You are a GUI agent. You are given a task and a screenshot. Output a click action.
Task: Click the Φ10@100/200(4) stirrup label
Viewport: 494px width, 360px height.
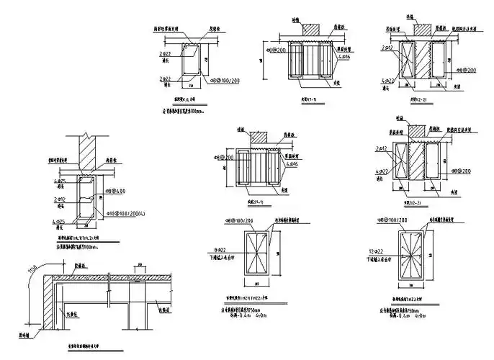click(123, 214)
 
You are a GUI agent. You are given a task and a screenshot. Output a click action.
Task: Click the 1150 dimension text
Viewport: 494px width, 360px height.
click(32, 272)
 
